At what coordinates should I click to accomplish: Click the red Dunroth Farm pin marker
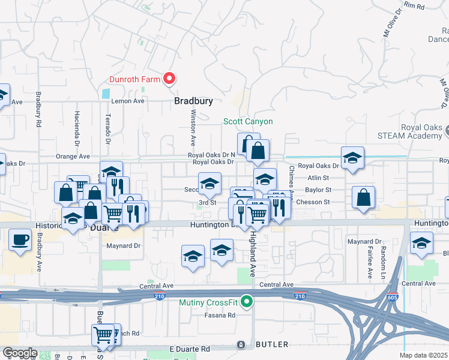pyautogui.click(x=169, y=79)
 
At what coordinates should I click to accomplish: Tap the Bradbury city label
pyautogui.click(x=193, y=101)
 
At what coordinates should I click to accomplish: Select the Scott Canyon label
pyautogui.click(x=248, y=121)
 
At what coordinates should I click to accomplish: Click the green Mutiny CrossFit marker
pyautogui.click(x=246, y=302)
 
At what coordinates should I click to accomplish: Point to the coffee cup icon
pyautogui.click(x=20, y=240)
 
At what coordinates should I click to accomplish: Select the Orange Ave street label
pyautogui.click(x=73, y=156)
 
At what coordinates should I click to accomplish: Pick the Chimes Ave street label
pyautogui.click(x=291, y=182)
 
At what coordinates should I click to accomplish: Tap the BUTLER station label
pyautogui.click(x=272, y=344)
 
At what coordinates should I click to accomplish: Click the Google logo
pyautogui.click(x=20, y=353)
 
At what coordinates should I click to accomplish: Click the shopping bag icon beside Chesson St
pyautogui.click(x=364, y=197)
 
